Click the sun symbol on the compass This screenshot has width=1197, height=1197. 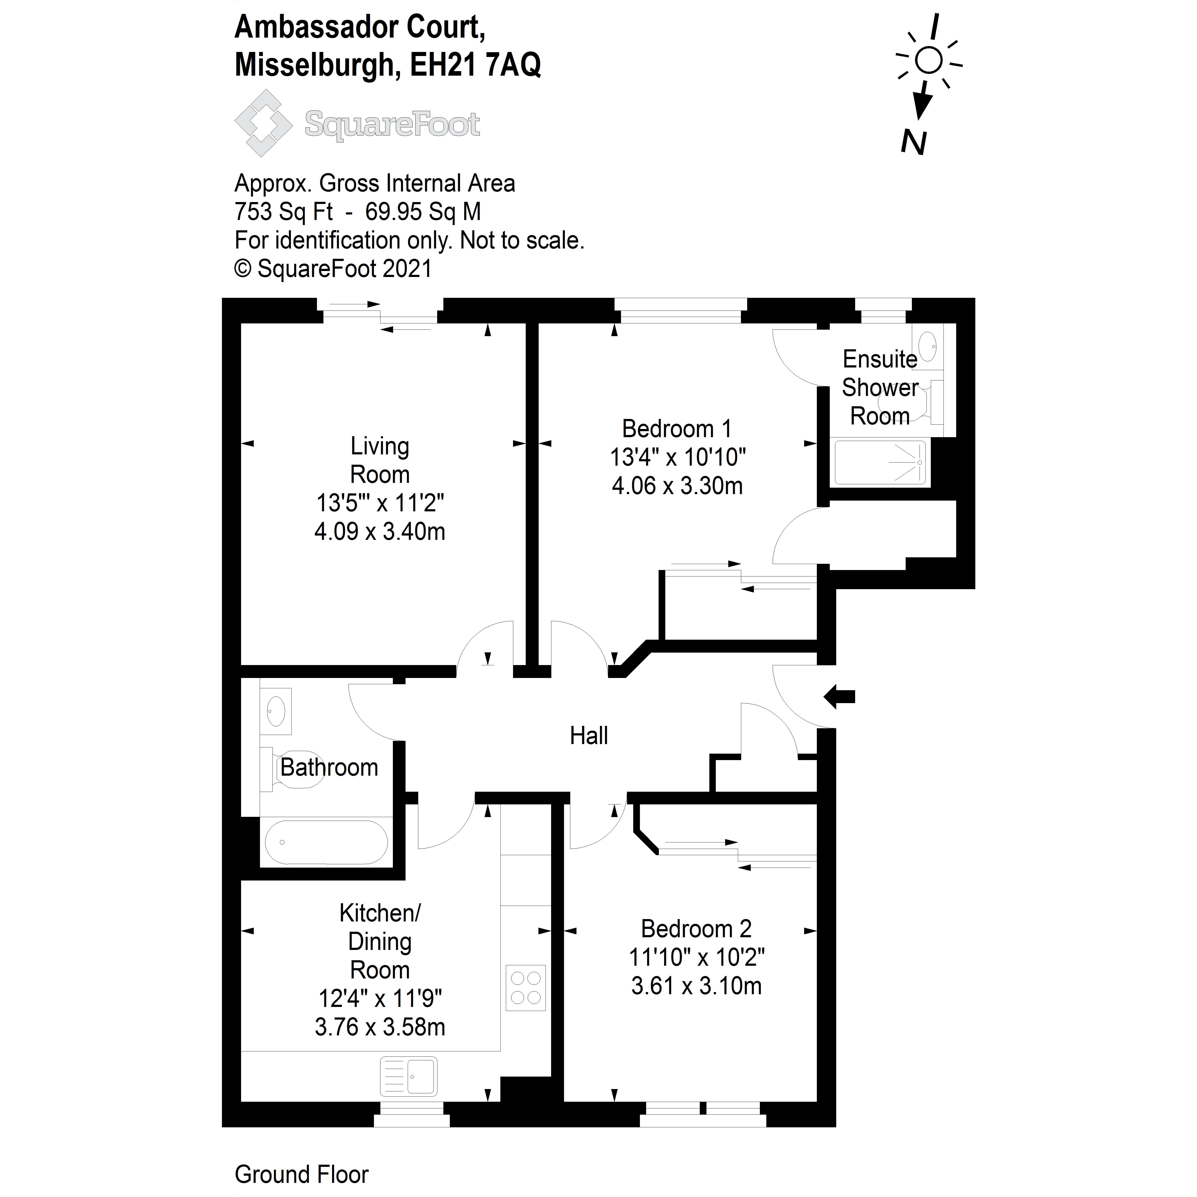tap(928, 61)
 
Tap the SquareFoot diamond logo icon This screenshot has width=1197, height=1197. tap(263, 123)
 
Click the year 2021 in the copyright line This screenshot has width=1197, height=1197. tap(407, 269)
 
